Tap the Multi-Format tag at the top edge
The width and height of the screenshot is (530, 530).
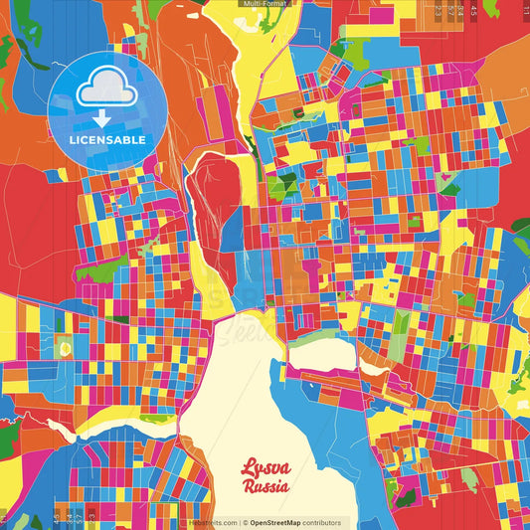pos(265,4)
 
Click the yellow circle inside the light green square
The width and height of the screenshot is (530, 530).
pos(66,349)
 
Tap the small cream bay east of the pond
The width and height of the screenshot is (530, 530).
pos(323,353)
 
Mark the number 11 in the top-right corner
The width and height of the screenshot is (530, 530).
pos(524,7)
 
